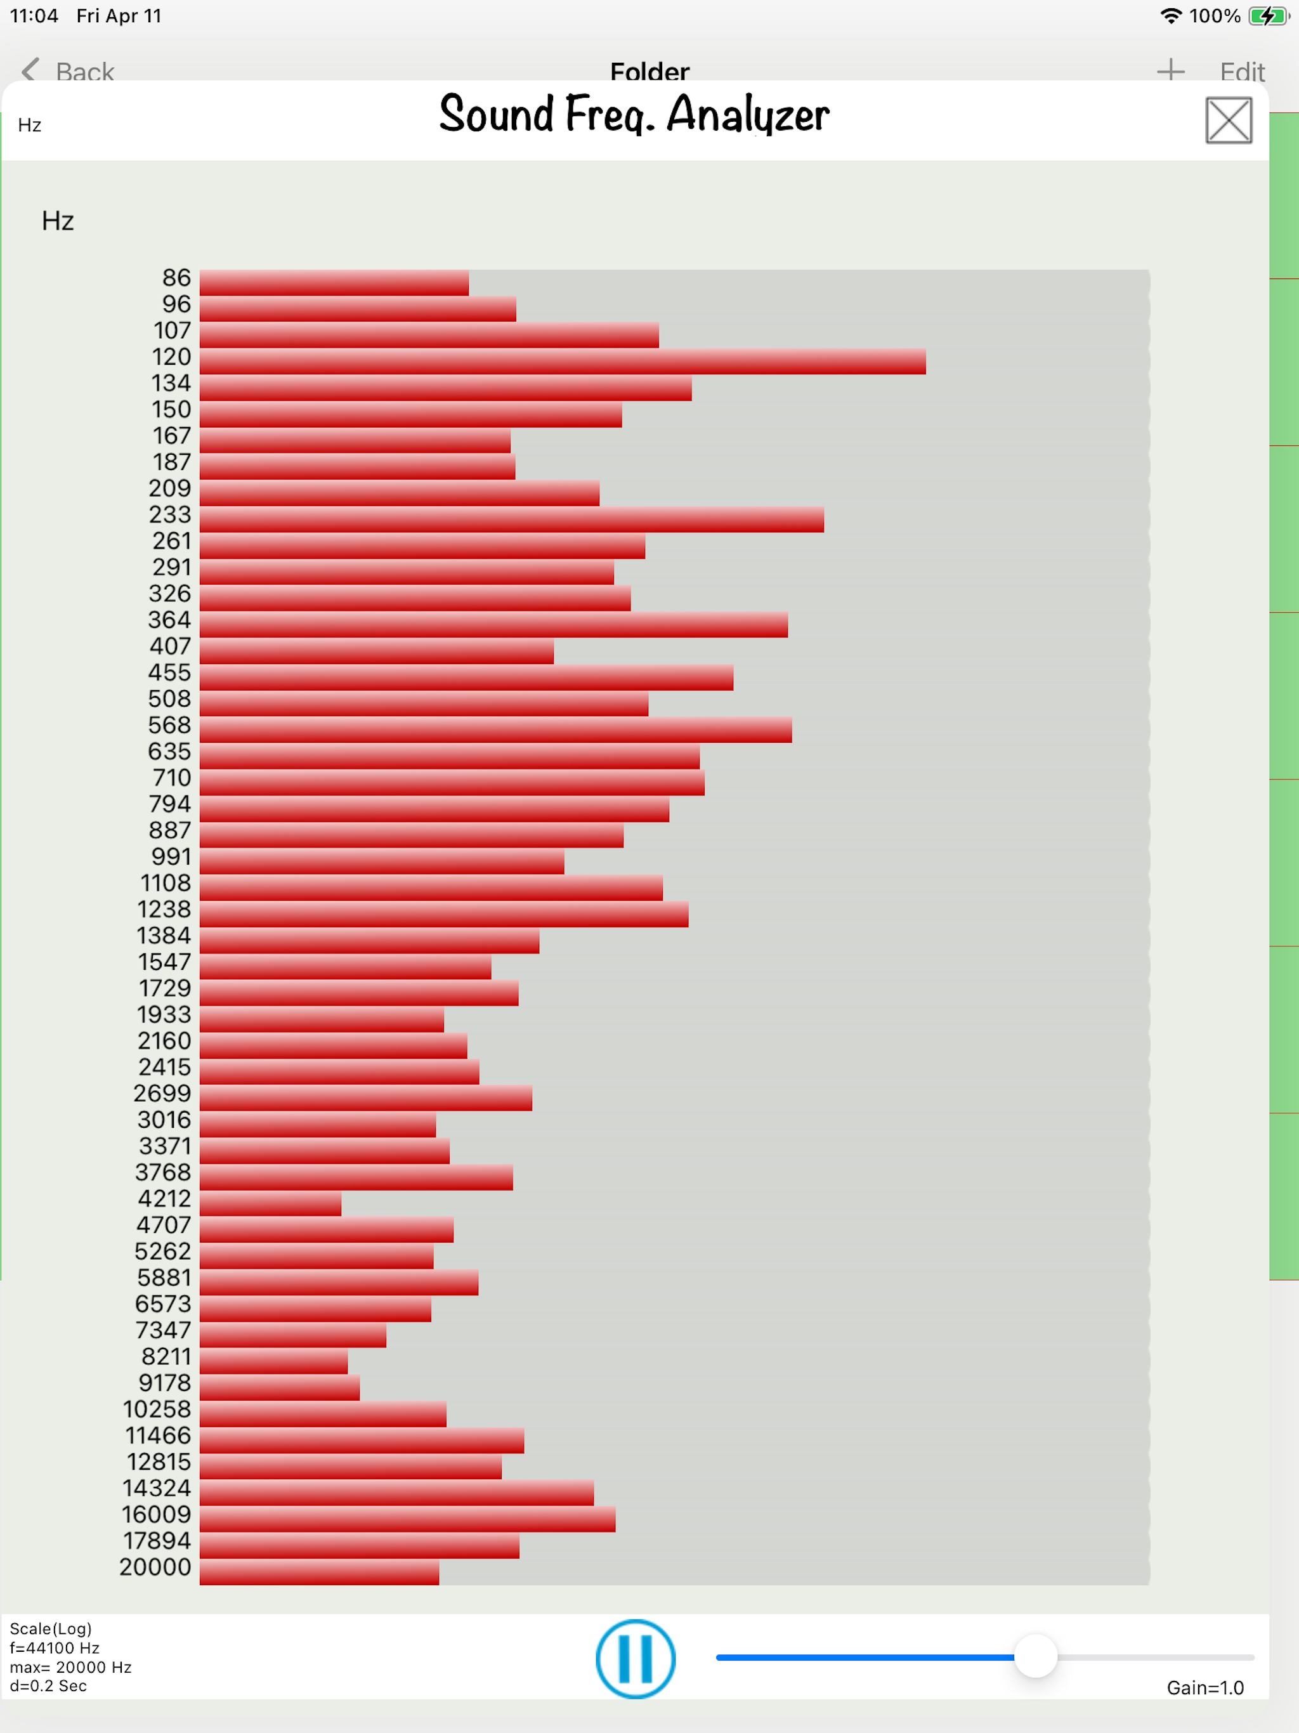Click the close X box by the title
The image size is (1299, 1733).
pyautogui.click(x=1228, y=121)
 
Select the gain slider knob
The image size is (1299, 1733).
pyautogui.click(x=1035, y=1656)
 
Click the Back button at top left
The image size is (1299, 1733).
pyautogui.click(x=69, y=71)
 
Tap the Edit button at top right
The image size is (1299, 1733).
pyautogui.click(x=1242, y=71)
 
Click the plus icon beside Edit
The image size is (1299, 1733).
pyautogui.click(x=1170, y=70)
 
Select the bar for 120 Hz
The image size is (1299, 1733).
pyautogui.click(x=562, y=362)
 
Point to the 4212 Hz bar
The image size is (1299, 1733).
pyautogui.click(x=270, y=1203)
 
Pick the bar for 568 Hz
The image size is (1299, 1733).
pyautogui.click(x=495, y=730)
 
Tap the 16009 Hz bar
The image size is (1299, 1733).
pyautogui.click(x=407, y=1519)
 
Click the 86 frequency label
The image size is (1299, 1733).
pyautogui.click(x=176, y=278)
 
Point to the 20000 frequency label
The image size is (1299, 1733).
pyautogui.click(x=155, y=1567)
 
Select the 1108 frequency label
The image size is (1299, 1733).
pyautogui.click(x=166, y=883)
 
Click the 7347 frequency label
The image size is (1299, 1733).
pyautogui.click(x=163, y=1330)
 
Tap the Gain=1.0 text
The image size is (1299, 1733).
pyautogui.click(x=1204, y=1687)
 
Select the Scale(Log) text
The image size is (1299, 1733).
pyautogui.click(x=51, y=1629)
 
